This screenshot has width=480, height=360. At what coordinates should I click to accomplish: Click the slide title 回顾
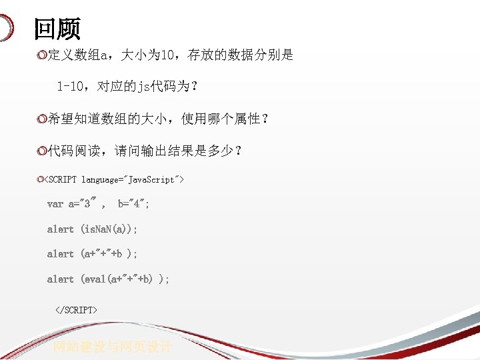click(57, 29)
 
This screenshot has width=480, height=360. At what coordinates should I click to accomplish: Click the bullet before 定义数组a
click(43, 55)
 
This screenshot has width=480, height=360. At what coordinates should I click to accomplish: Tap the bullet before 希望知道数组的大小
click(43, 119)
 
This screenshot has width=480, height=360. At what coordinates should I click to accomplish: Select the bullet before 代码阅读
click(43, 151)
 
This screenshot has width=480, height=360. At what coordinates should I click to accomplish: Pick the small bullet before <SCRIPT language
click(41, 179)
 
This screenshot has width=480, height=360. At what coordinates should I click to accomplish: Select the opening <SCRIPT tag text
click(61, 179)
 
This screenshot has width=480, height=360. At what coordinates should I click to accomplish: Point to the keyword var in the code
click(55, 204)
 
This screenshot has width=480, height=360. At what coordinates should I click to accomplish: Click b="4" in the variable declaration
click(133, 204)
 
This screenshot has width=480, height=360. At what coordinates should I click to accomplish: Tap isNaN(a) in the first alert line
click(109, 229)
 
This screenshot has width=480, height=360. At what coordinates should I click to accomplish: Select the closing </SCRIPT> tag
click(76, 310)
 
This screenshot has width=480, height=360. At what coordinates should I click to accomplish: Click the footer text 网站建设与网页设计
click(113, 347)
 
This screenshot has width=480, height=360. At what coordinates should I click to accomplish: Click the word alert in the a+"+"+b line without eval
click(60, 254)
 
